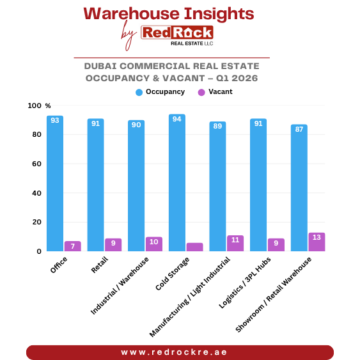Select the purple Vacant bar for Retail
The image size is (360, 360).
113,245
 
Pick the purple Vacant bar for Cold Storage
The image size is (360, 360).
194,247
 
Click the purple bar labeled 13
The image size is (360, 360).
317,242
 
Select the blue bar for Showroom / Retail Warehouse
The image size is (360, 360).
299,188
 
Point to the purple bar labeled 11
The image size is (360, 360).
235,243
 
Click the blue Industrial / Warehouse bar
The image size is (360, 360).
136,186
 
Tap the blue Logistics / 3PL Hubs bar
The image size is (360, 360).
258,185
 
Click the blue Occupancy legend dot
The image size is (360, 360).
139,92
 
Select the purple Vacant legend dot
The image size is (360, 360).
201,92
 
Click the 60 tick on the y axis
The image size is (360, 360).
37,164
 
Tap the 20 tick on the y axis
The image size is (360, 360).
37,222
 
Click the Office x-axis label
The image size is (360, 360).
59,265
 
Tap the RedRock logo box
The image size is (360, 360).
177,33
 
